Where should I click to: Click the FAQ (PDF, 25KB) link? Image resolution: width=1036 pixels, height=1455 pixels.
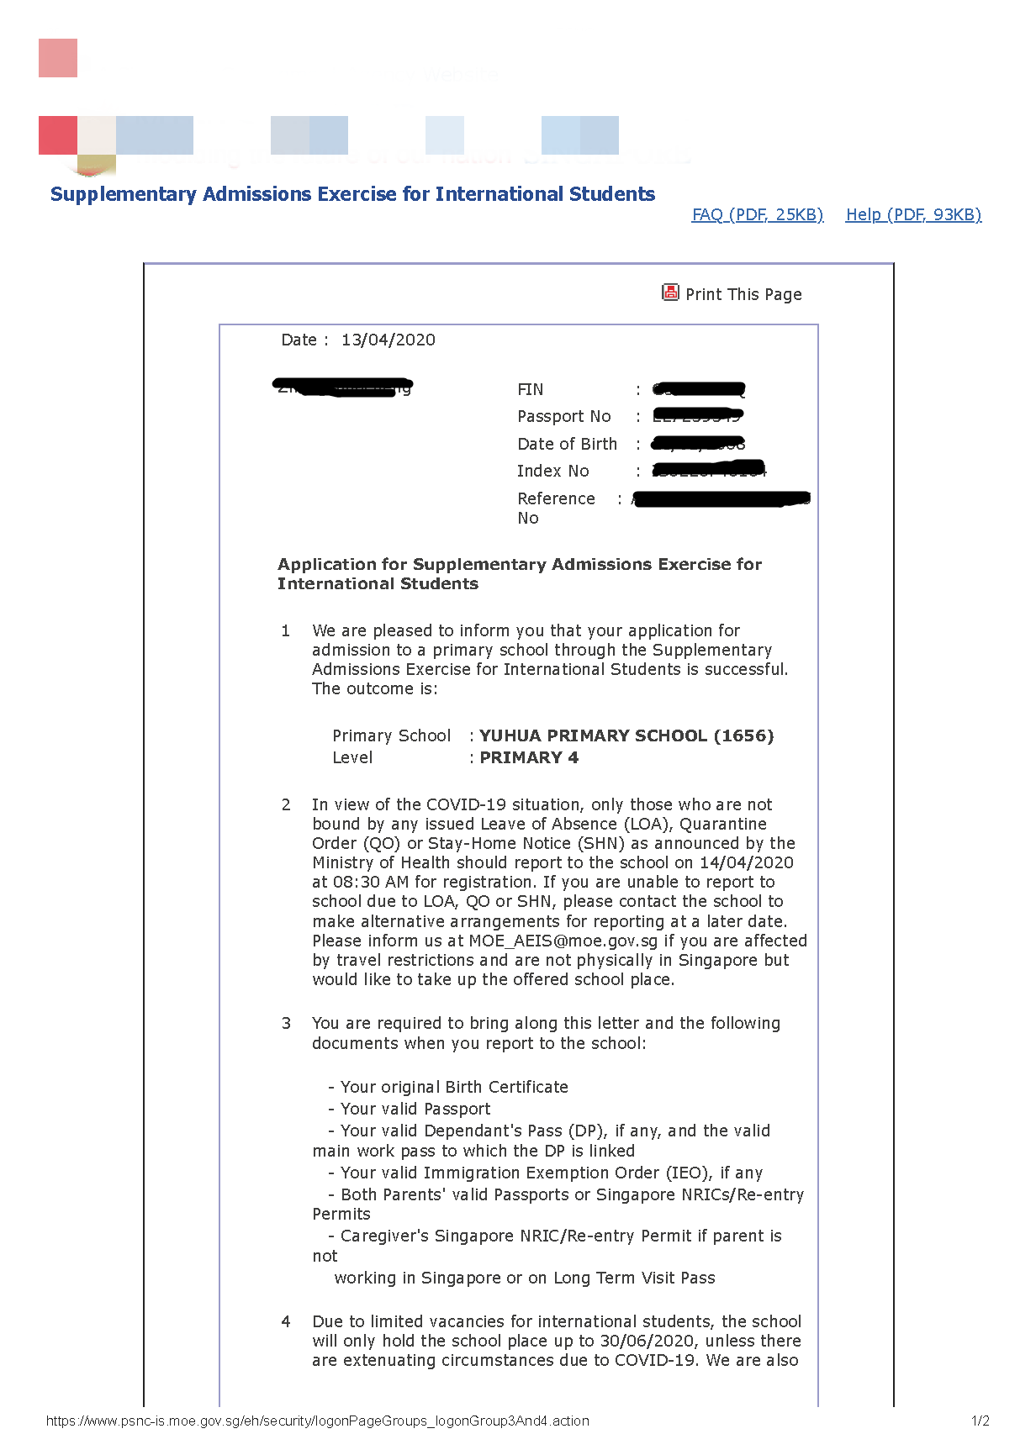point(757,214)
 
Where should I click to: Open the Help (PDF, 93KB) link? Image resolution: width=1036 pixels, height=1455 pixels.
point(913,214)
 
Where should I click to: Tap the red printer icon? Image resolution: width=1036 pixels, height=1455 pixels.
point(670,293)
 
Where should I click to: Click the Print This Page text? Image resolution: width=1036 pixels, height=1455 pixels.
point(743,294)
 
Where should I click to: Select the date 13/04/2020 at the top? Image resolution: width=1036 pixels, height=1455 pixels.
point(388,340)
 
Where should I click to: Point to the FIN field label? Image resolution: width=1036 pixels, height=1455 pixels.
point(530,389)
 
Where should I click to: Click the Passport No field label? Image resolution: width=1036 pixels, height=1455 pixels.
point(563,416)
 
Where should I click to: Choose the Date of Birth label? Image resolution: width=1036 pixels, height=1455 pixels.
point(567,444)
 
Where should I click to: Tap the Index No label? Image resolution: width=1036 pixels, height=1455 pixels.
point(552,471)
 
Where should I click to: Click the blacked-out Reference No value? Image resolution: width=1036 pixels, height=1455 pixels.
point(721,499)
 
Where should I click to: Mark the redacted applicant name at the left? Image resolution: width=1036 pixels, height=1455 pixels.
point(344,387)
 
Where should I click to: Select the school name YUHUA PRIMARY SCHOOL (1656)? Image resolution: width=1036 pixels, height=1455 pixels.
point(626,735)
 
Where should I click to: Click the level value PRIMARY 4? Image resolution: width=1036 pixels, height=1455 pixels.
point(529,757)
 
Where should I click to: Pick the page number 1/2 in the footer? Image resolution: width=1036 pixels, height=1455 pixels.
point(980,1421)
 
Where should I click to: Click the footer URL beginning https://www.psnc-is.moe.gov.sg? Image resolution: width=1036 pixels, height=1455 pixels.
point(317,1421)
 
